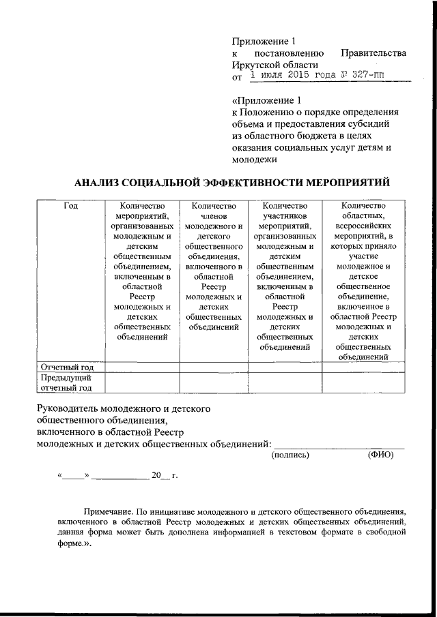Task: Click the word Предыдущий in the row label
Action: coord(63,377)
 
